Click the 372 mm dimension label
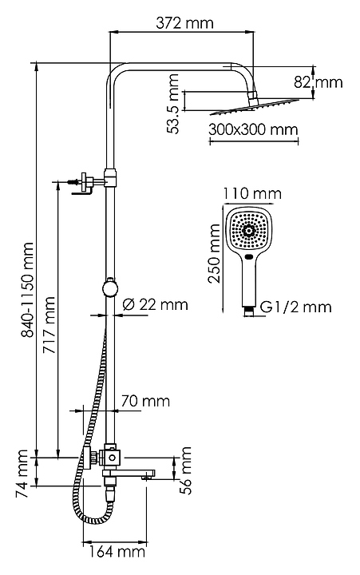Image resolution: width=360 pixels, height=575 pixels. (x=184, y=23)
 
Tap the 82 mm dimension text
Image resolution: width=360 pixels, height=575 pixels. (x=318, y=82)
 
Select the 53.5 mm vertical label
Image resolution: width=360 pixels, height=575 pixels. (x=172, y=104)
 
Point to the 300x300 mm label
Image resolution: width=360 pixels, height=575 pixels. (x=253, y=129)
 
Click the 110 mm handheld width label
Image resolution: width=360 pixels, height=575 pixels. (x=252, y=193)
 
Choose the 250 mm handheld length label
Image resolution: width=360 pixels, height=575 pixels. (x=214, y=253)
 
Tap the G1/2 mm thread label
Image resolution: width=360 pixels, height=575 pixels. (x=296, y=307)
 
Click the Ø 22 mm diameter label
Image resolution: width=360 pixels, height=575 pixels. (x=155, y=304)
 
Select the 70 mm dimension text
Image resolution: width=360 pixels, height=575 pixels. (x=145, y=401)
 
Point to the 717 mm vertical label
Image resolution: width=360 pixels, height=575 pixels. (x=49, y=325)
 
